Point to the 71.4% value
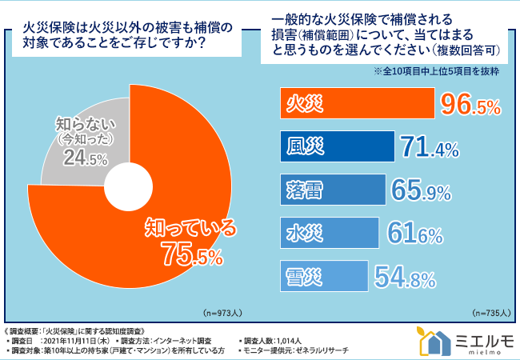click(x=430, y=147)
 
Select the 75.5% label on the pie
click(x=191, y=254)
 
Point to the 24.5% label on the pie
click(x=86, y=159)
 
